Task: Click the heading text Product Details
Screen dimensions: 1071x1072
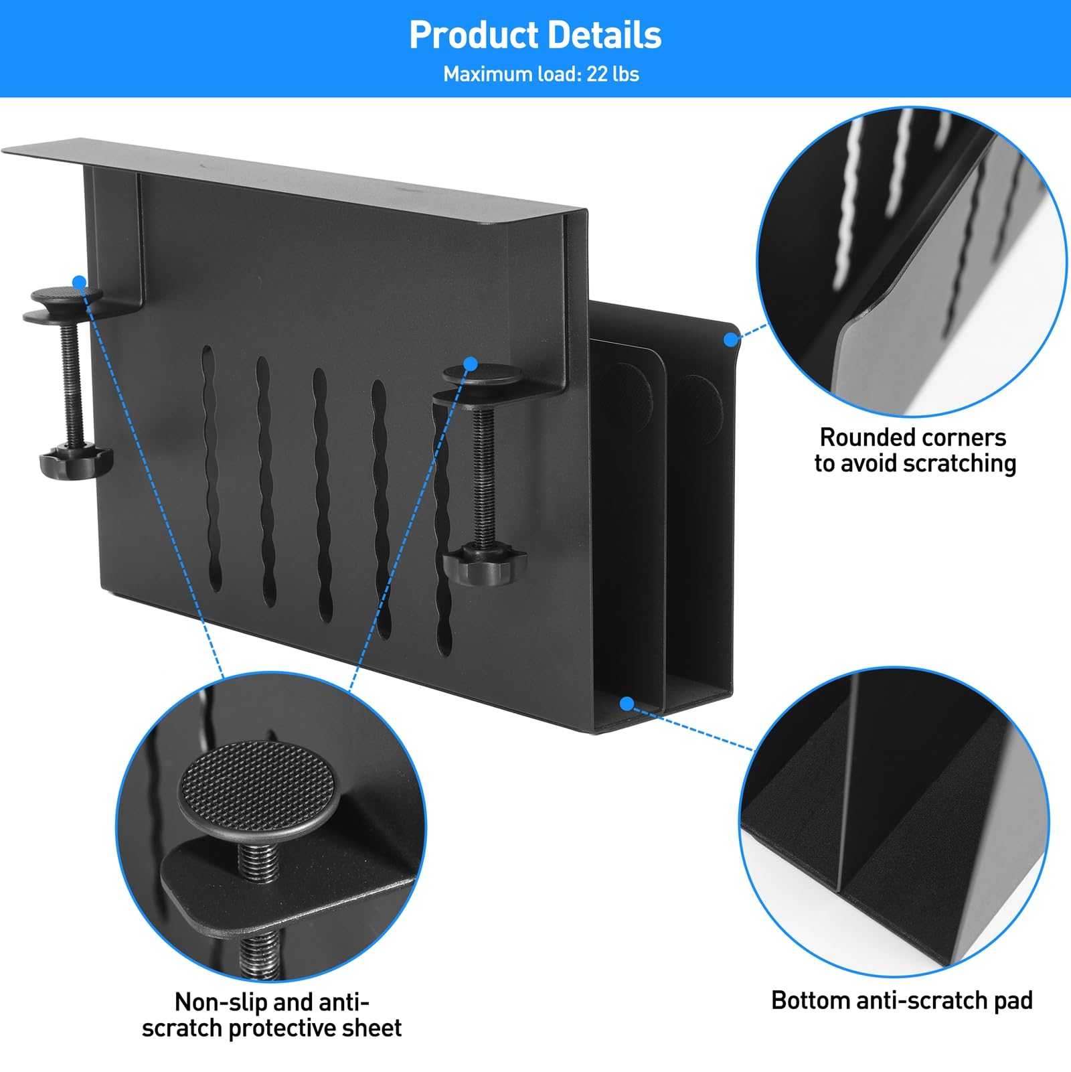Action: click(535, 35)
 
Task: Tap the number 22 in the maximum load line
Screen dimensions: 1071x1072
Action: click(596, 74)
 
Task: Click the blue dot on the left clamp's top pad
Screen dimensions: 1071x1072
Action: click(80, 282)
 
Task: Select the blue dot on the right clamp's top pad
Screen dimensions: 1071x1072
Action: click(471, 364)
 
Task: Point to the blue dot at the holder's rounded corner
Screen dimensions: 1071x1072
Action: click(730, 339)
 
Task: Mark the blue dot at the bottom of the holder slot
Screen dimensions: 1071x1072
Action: click(627, 703)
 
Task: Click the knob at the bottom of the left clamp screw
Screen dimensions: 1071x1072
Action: click(75, 461)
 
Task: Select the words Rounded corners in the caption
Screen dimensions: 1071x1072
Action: click(913, 437)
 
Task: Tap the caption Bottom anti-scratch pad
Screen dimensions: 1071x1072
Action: click(902, 1000)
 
